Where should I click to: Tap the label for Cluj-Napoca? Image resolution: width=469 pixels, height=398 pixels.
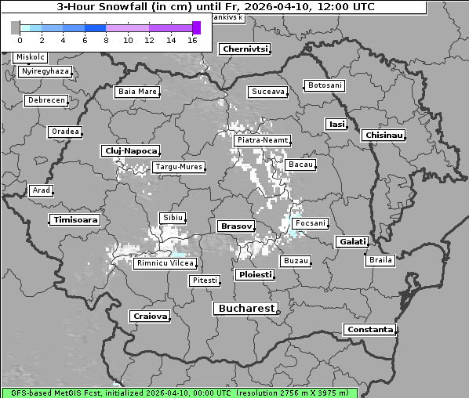131,150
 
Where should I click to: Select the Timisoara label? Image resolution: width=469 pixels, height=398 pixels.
76,220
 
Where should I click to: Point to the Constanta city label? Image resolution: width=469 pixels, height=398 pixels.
370,330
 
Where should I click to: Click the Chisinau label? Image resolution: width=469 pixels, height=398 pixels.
384,136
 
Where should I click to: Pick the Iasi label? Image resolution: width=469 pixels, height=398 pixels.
336,124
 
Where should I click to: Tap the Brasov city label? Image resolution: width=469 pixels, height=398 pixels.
236,226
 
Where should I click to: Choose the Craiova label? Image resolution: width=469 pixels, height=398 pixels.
151,317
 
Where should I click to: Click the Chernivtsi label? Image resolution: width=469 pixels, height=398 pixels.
245,49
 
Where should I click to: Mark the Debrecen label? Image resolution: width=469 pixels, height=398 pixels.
45,100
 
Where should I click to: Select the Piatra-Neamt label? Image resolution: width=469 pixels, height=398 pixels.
262,140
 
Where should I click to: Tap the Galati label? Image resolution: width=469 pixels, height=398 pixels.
352,242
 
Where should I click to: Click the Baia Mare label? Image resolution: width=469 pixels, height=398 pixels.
137,92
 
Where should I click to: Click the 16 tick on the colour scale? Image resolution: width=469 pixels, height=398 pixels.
192,40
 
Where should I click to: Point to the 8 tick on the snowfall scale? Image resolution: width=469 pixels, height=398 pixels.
106,40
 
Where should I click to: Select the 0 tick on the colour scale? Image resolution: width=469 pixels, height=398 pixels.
20,40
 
